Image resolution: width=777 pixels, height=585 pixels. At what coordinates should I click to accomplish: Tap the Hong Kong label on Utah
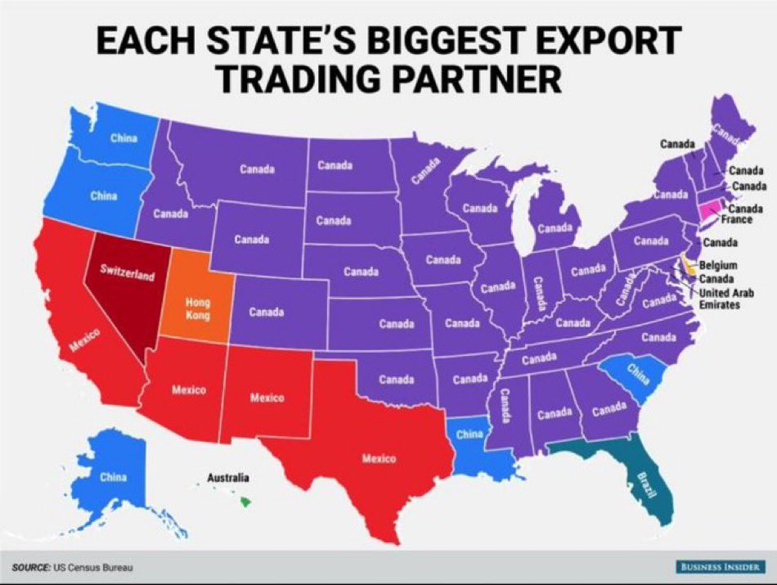[x=197, y=309]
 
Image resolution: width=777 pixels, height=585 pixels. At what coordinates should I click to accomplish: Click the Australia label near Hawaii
[x=228, y=478]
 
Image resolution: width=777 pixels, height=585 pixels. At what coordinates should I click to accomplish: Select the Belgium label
[x=719, y=266]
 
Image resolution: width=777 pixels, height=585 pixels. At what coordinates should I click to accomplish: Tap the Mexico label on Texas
[x=379, y=458]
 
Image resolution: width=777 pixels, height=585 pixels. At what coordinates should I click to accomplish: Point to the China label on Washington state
[x=124, y=137]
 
